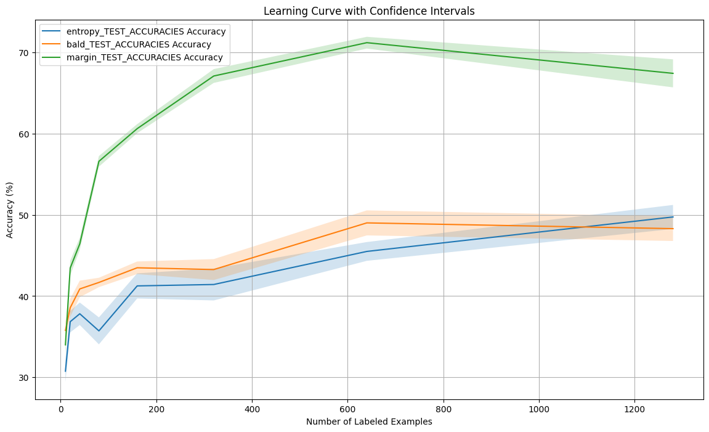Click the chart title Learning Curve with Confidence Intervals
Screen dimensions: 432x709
coord(369,11)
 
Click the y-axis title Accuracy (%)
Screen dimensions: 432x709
coord(10,210)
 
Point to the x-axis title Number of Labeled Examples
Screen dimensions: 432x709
coord(369,422)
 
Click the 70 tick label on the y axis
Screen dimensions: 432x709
coord(24,52)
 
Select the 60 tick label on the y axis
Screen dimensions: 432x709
coord(24,134)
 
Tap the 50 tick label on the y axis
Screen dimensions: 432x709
coord(24,215)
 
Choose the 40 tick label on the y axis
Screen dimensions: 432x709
coord(24,296)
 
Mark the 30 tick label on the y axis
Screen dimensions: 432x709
coord(24,378)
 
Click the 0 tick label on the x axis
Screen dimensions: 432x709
coord(60,409)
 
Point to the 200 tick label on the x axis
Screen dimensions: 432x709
coord(156,409)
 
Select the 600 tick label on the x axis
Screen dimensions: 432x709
coord(348,409)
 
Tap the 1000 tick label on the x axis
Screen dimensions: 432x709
coord(539,409)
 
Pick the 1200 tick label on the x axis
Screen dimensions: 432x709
coord(634,409)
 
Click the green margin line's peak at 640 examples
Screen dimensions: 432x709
coord(367,43)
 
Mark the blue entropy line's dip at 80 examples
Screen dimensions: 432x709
coord(99,331)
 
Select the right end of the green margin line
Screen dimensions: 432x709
coord(673,73)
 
